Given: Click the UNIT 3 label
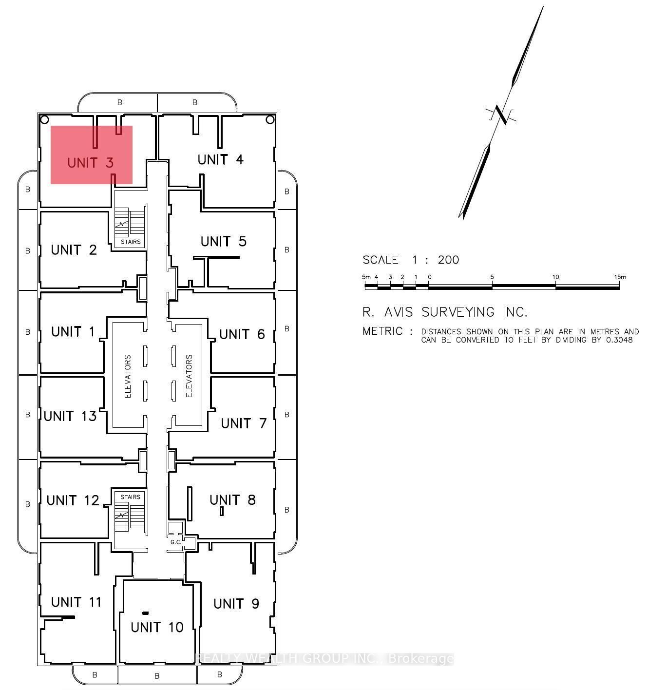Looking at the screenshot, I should coord(90,162).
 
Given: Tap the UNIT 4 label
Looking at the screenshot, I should coord(220,159).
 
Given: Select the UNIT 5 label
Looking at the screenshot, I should coord(223,241).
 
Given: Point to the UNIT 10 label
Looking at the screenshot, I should coord(157,627).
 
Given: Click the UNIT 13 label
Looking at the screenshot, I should coord(70,416).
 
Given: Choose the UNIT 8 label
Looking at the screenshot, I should coord(232,500).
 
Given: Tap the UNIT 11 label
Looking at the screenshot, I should coord(76,602).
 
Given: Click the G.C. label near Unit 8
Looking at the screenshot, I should coord(175,542).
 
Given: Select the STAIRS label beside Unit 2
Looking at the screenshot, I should coord(131,241).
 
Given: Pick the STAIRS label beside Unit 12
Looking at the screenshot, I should coord(130,497).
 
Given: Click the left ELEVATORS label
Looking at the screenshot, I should coord(128,376).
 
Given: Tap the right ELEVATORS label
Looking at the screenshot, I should coord(189,376).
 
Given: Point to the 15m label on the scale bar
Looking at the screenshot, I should coord(620,277).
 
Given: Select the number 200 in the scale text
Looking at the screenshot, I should coord(448,260).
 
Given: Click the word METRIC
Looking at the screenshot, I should coord(382,331).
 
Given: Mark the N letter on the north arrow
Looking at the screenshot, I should coord(501,115).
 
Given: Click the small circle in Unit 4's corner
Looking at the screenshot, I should coord(270,119).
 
